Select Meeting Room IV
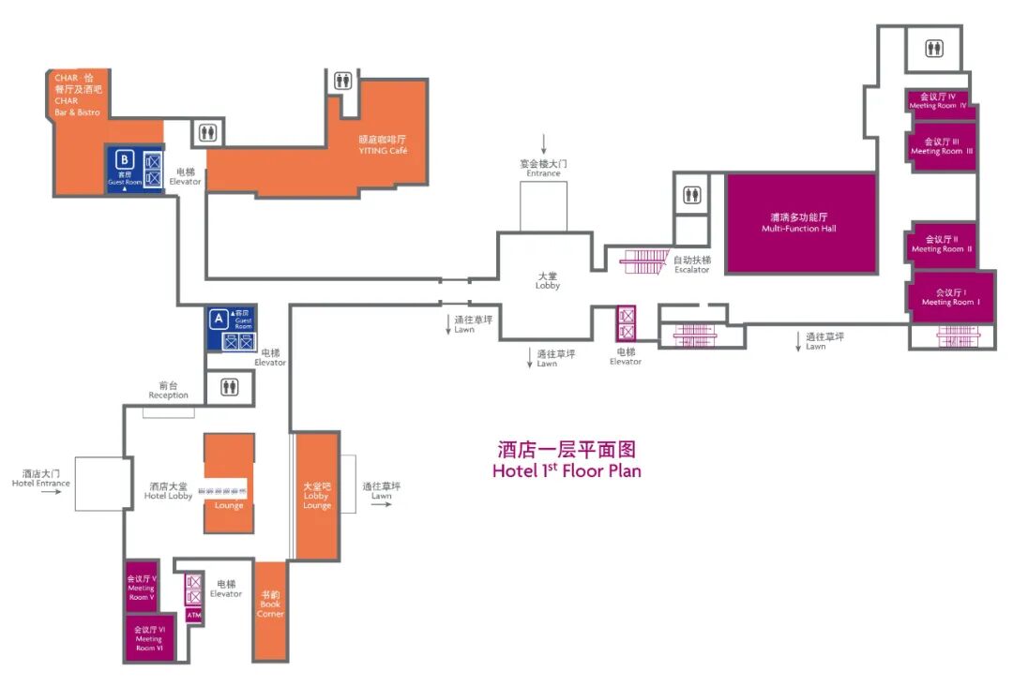tap(938, 101)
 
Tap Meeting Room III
tap(942, 147)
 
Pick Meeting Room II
tap(942, 244)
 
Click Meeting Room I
tap(950, 297)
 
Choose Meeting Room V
tap(142, 588)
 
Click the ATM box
tap(194, 616)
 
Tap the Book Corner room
tap(270, 609)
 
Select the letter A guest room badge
tap(219, 318)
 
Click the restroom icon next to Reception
tap(229, 386)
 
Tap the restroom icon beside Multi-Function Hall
tap(692, 195)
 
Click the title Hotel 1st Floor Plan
tap(567, 470)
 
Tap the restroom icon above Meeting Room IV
tap(934, 49)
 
